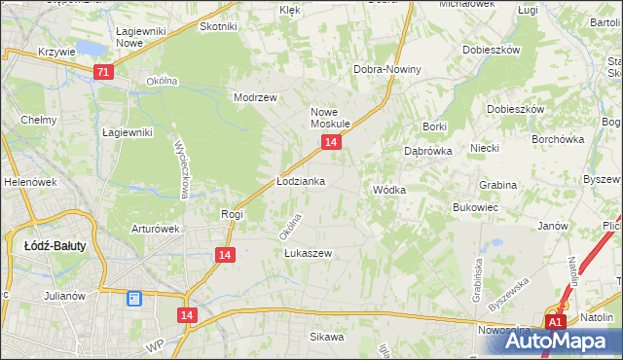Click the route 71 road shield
(x=104, y=72)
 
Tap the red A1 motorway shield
(x=554, y=322)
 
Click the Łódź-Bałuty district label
(x=55, y=246)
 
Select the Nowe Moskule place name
(x=330, y=118)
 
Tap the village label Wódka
(x=388, y=190)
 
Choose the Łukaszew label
(x=309, y=254)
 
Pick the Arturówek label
(x=157, y=230)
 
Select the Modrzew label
(x=256, y=97)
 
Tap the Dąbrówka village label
(x=424, y=152)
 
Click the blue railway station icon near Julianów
(x=134, y=299)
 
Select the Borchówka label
(x=557, y=138)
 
